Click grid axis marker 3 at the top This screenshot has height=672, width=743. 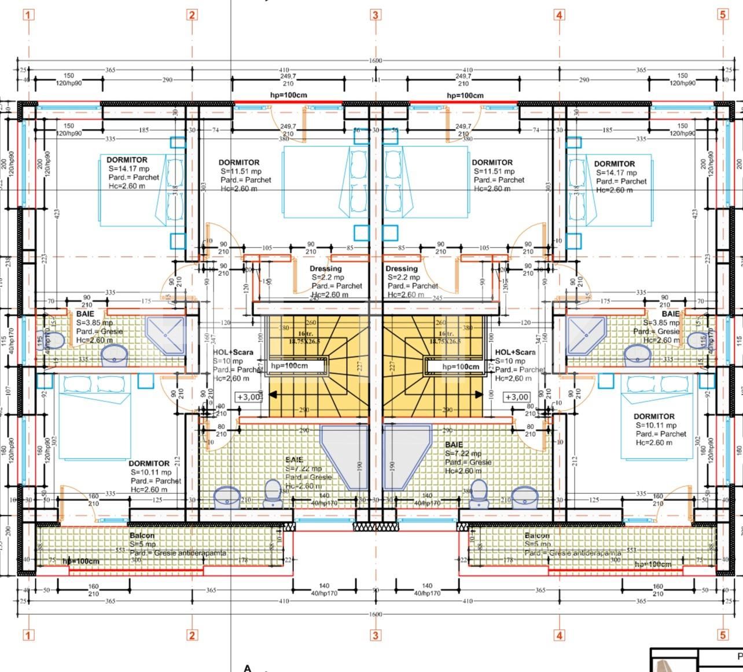click(376, 14)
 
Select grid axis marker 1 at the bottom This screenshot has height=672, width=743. click(28, 635)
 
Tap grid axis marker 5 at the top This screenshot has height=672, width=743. click(723, 14)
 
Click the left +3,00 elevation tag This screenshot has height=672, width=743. click(247, 397)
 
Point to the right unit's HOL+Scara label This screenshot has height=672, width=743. click(515, 352)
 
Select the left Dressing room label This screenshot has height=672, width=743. click(326, 269)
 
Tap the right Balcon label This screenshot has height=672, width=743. click(537, 536)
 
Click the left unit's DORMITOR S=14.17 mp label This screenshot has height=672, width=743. click(127, 160)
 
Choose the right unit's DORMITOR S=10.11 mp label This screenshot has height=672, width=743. click(654, 416)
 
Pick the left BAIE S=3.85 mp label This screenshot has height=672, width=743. click(85, 314)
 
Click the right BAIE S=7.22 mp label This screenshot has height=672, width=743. click(454, 445)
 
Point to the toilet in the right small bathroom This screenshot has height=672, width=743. click(696, 339)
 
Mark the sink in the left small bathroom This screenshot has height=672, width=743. click(115, 355)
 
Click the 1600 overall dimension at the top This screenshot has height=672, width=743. click(375, 61)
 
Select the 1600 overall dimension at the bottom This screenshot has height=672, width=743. click(375, 614)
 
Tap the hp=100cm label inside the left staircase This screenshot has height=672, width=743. click(289, 365)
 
